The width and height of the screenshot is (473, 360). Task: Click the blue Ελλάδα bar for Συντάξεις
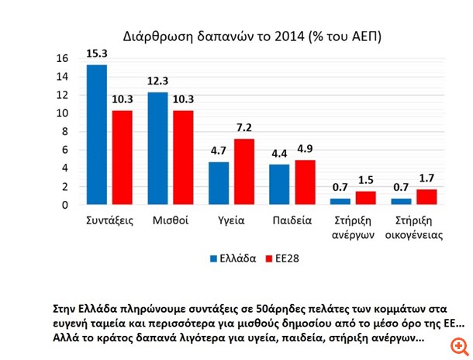tap(97, 135)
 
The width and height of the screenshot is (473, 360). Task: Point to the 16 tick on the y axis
tap(62, 58)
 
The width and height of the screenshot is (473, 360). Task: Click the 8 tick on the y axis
tap(65, 132)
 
